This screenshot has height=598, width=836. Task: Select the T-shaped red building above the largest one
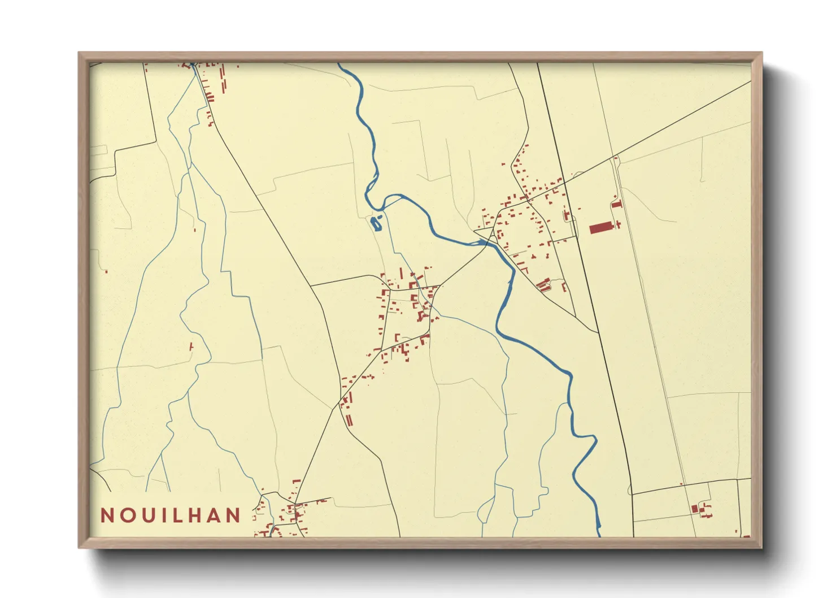616,204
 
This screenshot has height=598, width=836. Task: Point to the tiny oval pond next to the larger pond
380,216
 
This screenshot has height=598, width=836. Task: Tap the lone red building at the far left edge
106,271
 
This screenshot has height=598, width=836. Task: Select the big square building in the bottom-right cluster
695,509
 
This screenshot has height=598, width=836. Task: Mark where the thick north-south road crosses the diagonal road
565,183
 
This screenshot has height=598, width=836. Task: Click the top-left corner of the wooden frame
79,53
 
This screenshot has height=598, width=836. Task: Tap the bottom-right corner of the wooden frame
761,547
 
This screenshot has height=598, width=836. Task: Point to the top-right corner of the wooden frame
761,53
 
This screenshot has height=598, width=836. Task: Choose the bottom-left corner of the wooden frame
79,547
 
